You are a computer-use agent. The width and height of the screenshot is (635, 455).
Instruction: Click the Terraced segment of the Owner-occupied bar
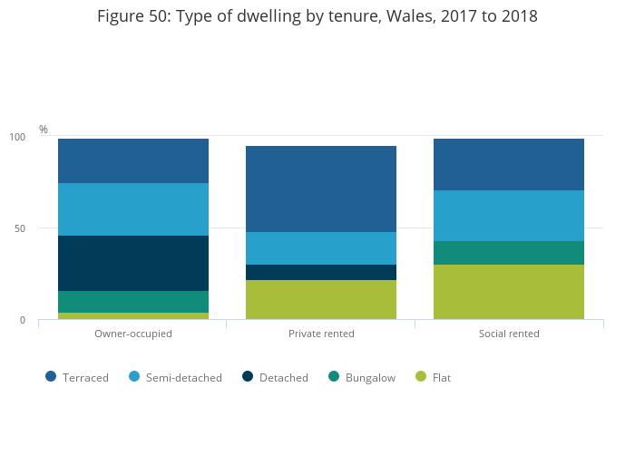(x=133, y=161)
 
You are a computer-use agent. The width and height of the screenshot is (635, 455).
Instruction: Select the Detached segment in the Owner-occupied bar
(x=133, y=263)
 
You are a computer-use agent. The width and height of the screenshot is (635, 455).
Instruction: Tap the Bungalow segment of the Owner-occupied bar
(x=133, y=302)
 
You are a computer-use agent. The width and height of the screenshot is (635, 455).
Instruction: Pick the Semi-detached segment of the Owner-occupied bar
(x=133, y=209)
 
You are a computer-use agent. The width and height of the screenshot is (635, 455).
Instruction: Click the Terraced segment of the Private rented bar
(x=321, y=189)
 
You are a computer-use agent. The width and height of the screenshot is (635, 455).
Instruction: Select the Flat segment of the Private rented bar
(x=321, y=299)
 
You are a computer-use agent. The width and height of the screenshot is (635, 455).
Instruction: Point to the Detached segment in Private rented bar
(x=321, y=272)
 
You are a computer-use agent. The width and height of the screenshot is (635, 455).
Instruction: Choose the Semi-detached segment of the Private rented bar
(x=321, y=248)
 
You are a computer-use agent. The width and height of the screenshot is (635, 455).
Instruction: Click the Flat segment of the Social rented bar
(x=509, y=292)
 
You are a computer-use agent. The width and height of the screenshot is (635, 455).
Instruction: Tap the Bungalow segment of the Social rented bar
(x=509, y=253)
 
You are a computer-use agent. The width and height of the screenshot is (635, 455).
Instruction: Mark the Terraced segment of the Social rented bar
(x=509, y=165)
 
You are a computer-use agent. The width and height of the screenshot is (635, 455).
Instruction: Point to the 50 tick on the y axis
(x=19, y=228)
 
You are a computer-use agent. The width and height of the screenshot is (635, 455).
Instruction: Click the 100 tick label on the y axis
(x=17, y=137)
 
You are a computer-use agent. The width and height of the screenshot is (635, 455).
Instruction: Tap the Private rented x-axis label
(x=321, y=334)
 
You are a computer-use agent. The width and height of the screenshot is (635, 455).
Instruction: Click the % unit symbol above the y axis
(x=44, y=130)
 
